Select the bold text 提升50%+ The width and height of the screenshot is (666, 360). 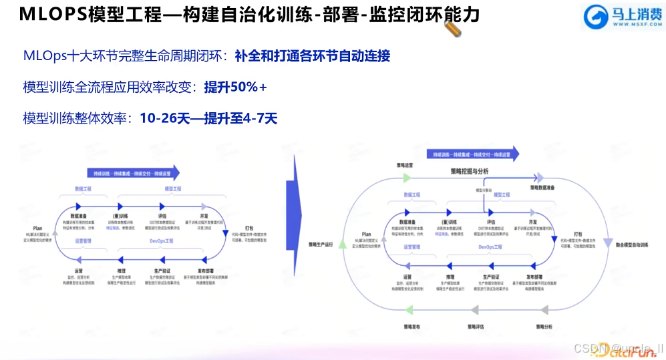235,87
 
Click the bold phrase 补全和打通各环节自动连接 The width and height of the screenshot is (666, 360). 312,57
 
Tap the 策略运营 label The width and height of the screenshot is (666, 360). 405,164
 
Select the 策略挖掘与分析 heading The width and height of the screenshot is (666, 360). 468,172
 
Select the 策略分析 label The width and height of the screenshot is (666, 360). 544,327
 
